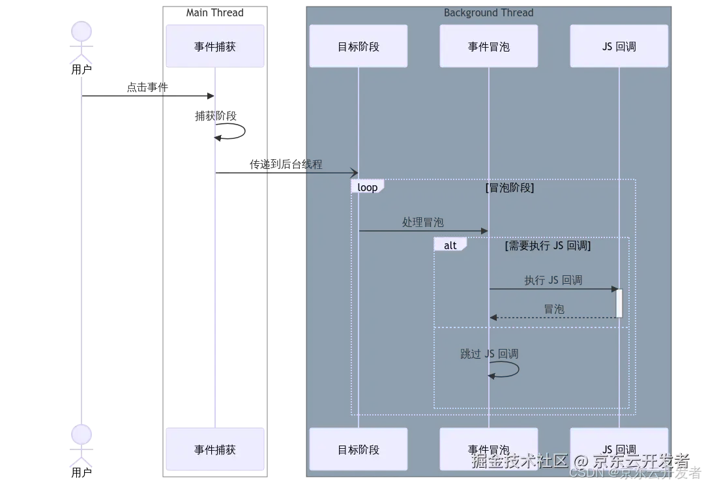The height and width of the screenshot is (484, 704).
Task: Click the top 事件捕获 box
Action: click(215, 46)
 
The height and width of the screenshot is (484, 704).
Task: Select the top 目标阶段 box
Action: click(358, 46)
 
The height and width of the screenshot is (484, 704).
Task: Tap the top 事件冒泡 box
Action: click(488, 46)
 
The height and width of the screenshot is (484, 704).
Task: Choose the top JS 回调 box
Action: click(619, 46)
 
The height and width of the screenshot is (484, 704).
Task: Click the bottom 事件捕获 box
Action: click(215, 449)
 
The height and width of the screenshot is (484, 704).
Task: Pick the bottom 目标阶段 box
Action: click(358, 449)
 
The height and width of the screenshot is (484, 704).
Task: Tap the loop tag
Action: click(368, 187)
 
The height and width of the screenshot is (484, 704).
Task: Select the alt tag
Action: click(450, 245)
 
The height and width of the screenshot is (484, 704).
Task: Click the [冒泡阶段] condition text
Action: click(510, 188)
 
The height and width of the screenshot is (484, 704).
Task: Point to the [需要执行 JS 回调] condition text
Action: click(548, 246)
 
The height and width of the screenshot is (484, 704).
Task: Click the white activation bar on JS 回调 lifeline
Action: click(619, 303)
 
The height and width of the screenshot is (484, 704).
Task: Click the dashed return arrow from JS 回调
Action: click(554, 318)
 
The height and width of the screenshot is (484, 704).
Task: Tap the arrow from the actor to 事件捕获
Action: click(147, 96)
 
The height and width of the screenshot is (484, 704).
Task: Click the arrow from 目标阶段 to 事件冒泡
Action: click(424, 231)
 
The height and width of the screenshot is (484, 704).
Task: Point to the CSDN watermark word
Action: click(584, 473)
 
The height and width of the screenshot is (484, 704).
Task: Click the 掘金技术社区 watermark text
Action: click(519, 461)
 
